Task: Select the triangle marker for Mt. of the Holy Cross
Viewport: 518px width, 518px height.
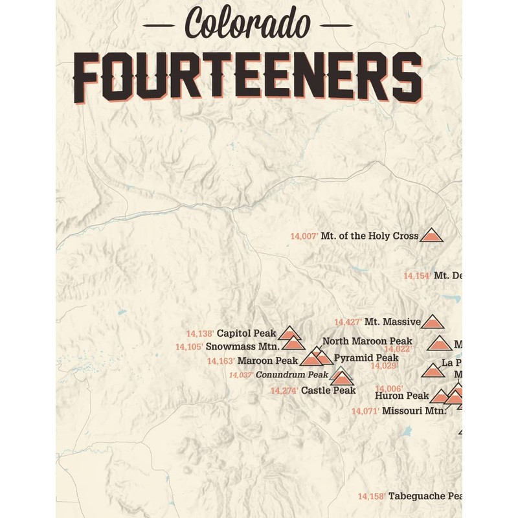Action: pyautogui.click(x=431, y=236)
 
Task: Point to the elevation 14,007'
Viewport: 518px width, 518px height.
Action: pyautogui.click(x=304, y=237)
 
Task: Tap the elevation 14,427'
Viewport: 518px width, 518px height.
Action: pyautogui.click(x=348, y=322)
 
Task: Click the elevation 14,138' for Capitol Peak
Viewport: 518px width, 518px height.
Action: pyautogui.click(x=200, y=333)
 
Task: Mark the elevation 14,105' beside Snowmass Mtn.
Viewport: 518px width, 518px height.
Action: pyautogui.click(x=189, y=347)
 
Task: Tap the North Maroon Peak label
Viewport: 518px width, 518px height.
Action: pyautogui.click(x=367, y=341)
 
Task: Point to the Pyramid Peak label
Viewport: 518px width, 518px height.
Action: pyautogui.click(x=366, y=358)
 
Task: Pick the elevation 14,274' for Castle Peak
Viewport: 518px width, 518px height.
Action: pyautogui.click(x=284, y=390)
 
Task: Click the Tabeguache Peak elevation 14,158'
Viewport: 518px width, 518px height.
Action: pyautogui.click(x=372, y=496)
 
